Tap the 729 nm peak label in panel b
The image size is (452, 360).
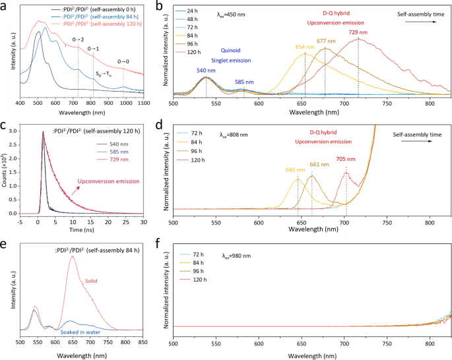point(359,32)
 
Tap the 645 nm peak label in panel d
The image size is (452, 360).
point(296,170)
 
